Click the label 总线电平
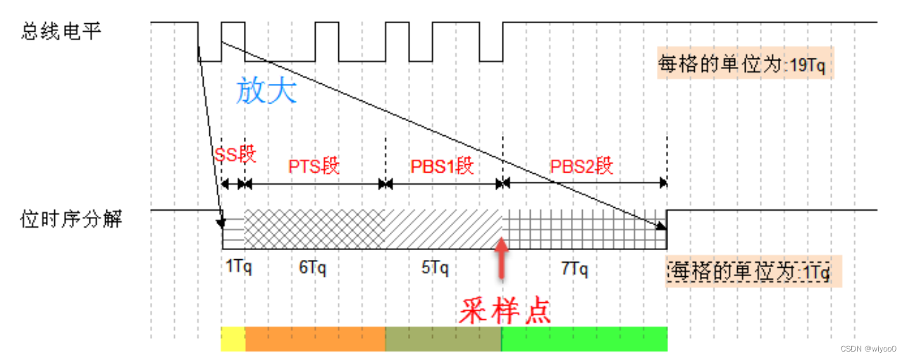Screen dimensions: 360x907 (x=61, y=31)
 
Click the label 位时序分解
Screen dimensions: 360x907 (x=72, y=219)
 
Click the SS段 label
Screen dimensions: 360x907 (x=235, y=156)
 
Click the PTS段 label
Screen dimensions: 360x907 (x=314, y=166)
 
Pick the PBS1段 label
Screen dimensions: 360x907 (x=442, y=166)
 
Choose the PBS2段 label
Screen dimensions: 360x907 (x=582, y=166)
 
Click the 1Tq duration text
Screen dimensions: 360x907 (x=239, y=268)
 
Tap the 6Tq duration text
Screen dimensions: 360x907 (x=313, y=268)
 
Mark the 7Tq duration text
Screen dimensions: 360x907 (x=574, y=268)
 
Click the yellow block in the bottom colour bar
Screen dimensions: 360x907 (x=233, y=339)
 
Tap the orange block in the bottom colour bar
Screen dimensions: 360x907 (x=315, y=339)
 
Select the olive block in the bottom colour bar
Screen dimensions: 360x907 (x=443, y=339)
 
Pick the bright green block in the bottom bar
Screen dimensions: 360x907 (x=584, y=339)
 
